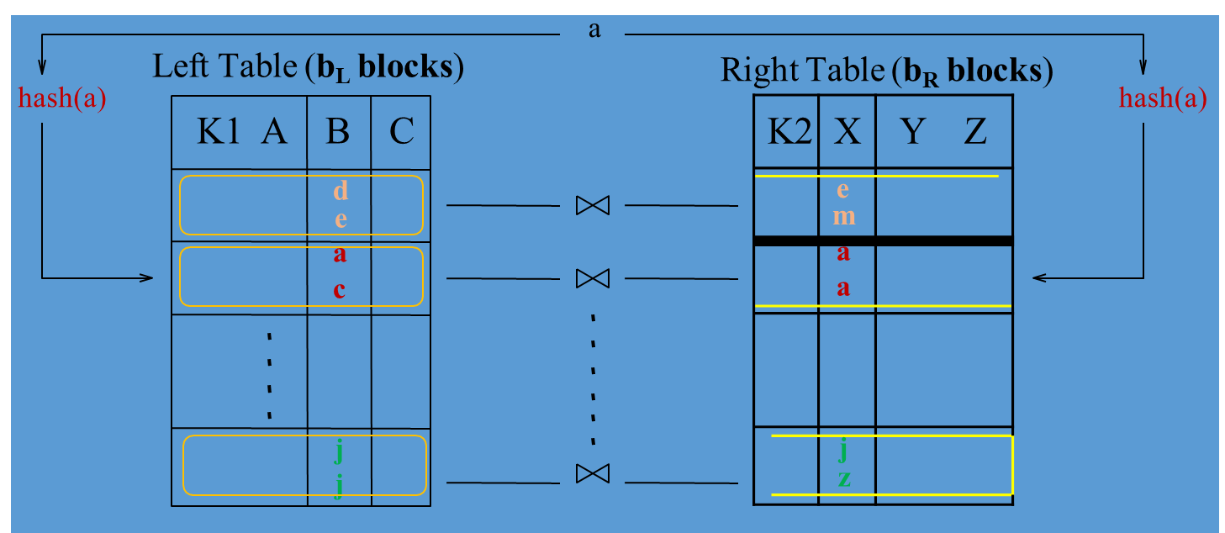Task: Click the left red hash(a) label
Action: tap(62, 99)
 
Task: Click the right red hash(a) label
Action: tap(1163, 99)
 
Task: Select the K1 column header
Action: tap(218, 132)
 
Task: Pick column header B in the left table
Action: tap(337, 132)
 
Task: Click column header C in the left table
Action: tap(402, 132)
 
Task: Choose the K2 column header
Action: tap(786, 132)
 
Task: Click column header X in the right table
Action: tap(847, 132)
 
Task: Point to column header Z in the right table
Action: tap(975, 132)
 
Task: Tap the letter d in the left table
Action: tap(341, 191)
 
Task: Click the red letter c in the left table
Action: tap(340, 290)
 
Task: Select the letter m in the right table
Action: tap(844, 216)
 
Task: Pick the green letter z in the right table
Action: tap(844, 479)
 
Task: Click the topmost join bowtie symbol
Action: tap(592, 205)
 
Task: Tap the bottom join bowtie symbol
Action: tap(592, 473)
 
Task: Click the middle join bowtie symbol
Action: tap(592, 277)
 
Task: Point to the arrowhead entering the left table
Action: tap(149, 277)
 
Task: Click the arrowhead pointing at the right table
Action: tap(1038, 277)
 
